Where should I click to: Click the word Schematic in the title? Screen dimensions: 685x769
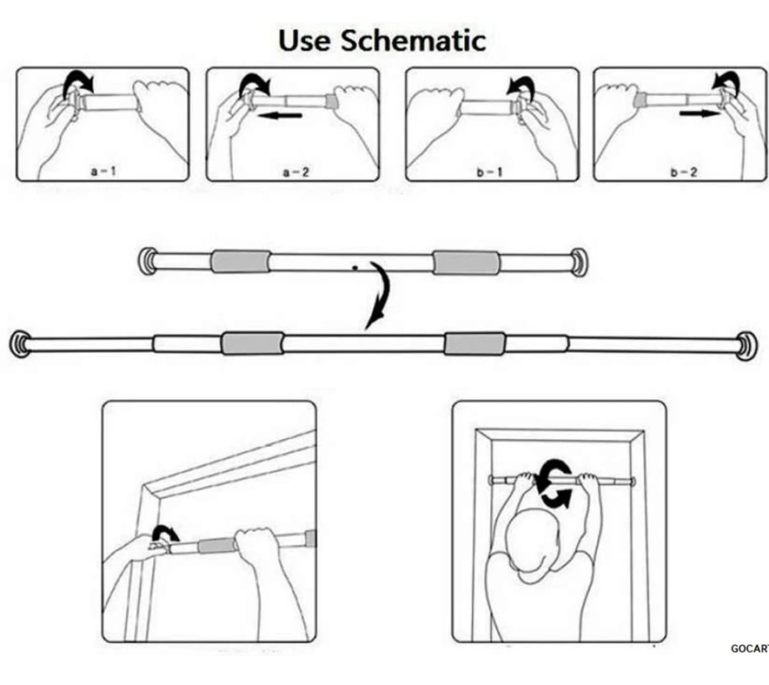[413, 41]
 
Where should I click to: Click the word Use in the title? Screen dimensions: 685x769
[304, 41]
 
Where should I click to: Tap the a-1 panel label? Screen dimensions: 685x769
[103, 171]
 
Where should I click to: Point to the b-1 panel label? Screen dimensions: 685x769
[489, 172]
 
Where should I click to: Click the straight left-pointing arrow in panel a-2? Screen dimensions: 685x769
[281, 116]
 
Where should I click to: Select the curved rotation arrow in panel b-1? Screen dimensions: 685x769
[522, 84]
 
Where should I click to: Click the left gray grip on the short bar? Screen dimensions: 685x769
[240, 262]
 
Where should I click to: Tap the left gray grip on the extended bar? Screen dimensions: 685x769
[252, 343]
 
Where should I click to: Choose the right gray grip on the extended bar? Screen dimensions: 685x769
[475, 343]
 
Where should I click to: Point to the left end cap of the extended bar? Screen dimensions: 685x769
[21, 343]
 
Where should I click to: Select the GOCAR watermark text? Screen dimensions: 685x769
[749, 648]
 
